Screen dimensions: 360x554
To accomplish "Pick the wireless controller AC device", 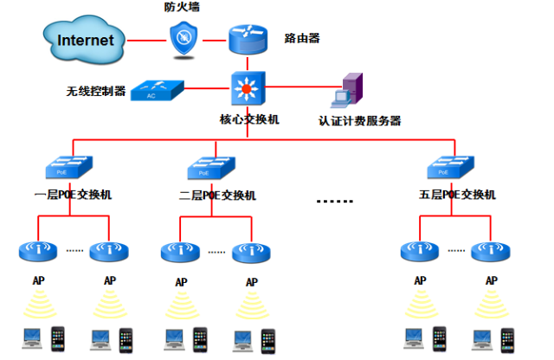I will pyautogui.click(x=158, y=91).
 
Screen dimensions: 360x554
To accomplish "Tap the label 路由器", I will pyautogui.click(x=302, y=38).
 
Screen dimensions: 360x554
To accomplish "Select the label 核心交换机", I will pyautogui.click(x=249, y=119).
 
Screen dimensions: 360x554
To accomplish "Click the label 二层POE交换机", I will pyautogui.click(x=217, y=196).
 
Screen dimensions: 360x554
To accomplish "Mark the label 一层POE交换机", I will pyautogui.click(x=73, y=195).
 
